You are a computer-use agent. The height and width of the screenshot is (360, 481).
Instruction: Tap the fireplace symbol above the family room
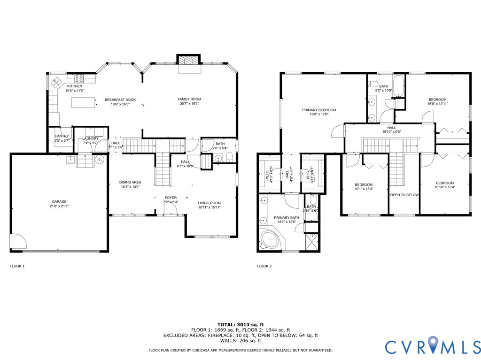[x=190, y=60]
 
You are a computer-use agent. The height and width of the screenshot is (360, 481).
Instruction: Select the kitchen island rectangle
[x=82, y=102]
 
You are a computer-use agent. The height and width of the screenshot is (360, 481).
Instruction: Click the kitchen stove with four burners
[x=78, y=78]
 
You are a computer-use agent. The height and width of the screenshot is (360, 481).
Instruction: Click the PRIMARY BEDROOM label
[x=318, y=110]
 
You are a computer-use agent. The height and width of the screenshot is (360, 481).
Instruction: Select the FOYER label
[x=171, y=198]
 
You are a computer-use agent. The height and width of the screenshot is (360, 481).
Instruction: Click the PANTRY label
[x=62, y=136]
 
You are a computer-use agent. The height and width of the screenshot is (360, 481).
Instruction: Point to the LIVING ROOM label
[x=209, y=203]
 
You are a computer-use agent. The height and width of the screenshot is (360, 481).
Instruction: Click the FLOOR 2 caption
[x=264, y=266]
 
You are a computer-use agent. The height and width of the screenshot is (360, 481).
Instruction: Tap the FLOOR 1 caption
[x=17, y=266]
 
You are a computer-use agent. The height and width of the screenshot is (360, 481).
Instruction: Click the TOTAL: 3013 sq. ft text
[x=240, y=324]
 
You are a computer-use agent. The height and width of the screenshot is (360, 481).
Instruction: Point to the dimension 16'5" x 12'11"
[x=437, y=104]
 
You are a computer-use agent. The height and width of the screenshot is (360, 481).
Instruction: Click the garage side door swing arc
[x=18, y=242]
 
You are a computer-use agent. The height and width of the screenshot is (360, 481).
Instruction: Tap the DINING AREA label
[x=130, y=182]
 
